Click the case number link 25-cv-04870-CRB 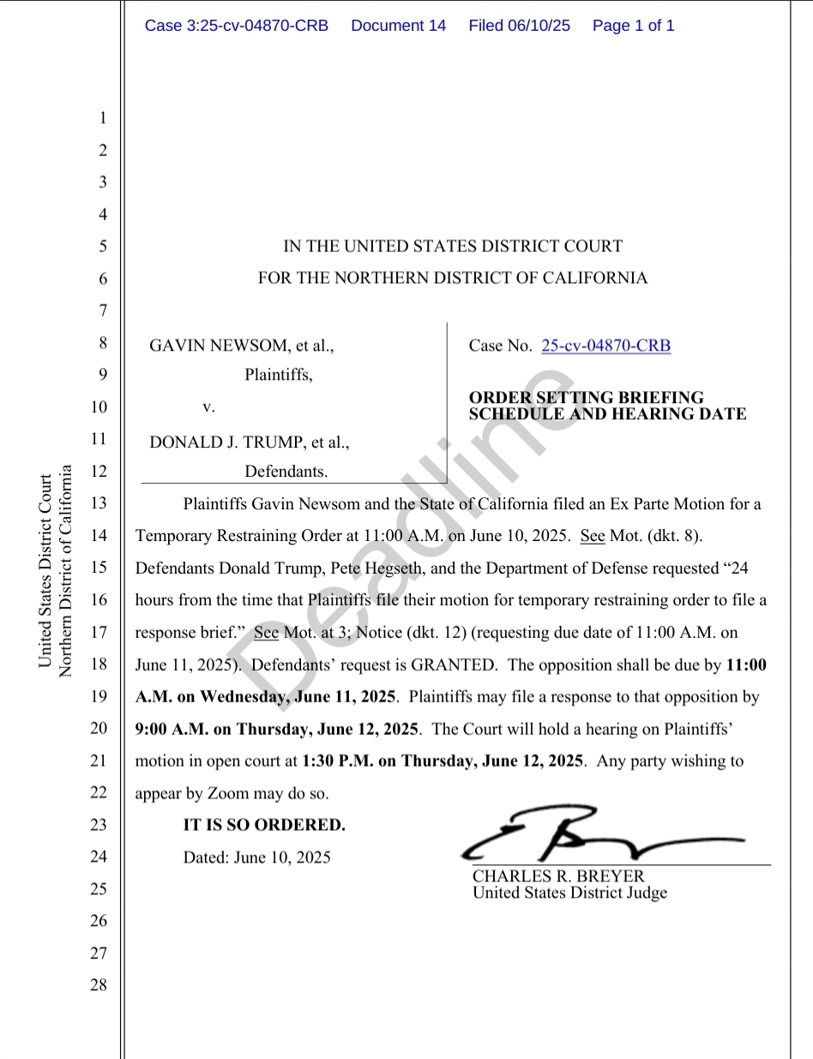606,346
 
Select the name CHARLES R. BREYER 558,876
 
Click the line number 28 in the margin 99,984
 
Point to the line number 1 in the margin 101,117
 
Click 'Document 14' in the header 399,26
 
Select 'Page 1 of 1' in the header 633,26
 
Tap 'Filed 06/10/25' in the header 519,26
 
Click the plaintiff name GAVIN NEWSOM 220,346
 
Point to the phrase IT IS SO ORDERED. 264,825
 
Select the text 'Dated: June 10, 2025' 257,857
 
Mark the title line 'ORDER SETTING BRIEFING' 587,398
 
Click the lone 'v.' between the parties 208,406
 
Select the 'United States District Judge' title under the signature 569,893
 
